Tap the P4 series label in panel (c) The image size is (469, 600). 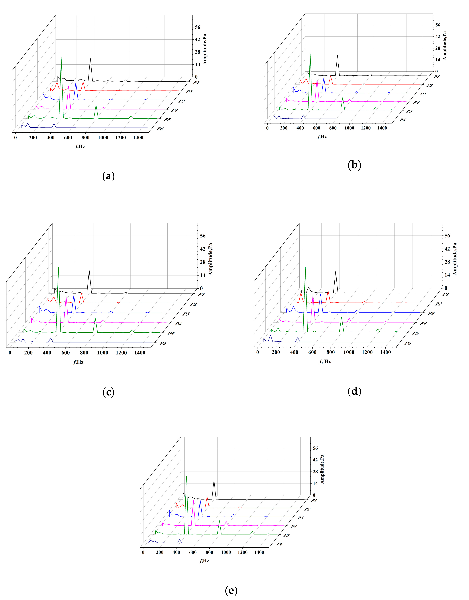(178, 324)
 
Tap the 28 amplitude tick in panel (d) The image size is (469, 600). (447, 262)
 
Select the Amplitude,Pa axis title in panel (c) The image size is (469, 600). (210, 259)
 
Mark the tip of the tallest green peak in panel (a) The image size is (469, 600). (61, 57)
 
